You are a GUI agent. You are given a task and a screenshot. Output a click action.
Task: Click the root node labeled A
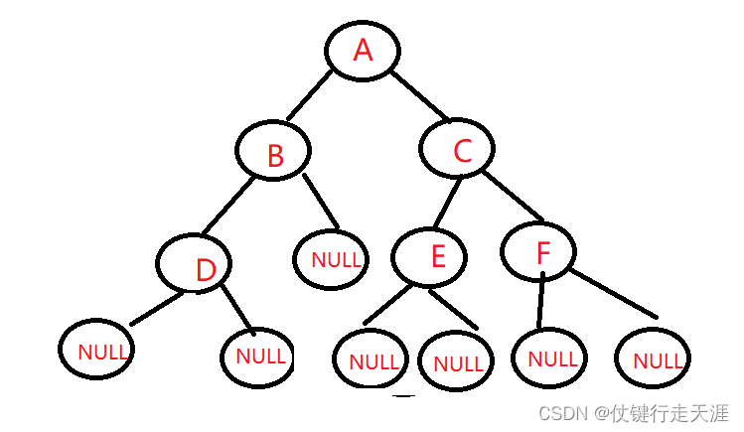[x=363, y=50]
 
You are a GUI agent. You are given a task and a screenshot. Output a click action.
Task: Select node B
[x=274, y=152]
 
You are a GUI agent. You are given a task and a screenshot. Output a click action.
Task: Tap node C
[x=458, y=149]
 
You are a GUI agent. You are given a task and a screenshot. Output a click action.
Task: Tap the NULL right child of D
[x=258, y=356]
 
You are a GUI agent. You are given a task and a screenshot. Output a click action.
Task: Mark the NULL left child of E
[x=371, y=360]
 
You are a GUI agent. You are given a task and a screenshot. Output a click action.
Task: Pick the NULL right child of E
[x=456, y=361]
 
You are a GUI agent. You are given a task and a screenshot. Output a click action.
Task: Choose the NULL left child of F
[x=550, y=358]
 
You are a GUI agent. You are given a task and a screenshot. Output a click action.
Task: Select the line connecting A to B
[x=310, y=95]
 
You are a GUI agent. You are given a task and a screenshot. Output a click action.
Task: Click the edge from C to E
[x=446, y=202]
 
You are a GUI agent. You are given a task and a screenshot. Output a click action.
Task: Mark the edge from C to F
[x=514, y=196]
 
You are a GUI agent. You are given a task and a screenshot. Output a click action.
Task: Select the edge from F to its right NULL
[x=613, y=295]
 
